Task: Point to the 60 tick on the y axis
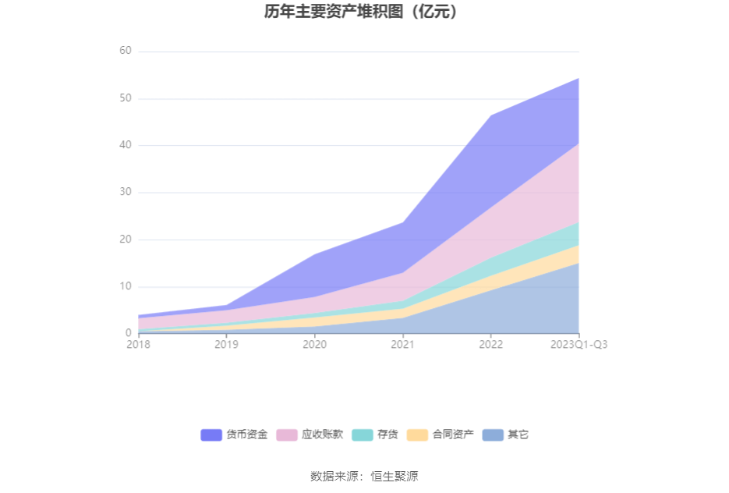pyautogui.click(x=125, y=51)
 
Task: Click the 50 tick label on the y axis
pyautogui.click(x=125, y=98)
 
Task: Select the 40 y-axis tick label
pyautogui.click(x=125, y=145)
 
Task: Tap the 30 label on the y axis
pyautogui.click(x=125, y=192)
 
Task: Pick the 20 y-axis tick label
pyautogui.click(x=125, y=239)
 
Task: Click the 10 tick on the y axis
pyautogui.click(x=125, y=286)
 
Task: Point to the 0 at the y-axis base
pyautogui.click(x=128, y=333)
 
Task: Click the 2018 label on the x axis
pyautogui.click(x=139, y=344)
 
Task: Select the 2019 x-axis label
pyautogui.click(x=226, y=344)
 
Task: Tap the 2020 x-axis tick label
pyautogui.click(x=314, y=344)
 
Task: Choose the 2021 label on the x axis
pyautogui.click(x=402, y=344)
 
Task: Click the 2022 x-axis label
pyautogui.click(x=490, y=344)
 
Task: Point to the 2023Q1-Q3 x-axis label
pyautogui.click(x=578, y=344)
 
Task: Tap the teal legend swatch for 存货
pyautogui.click(x=363, y=434)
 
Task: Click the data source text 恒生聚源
pyautogui.click(x=394, y=476)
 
